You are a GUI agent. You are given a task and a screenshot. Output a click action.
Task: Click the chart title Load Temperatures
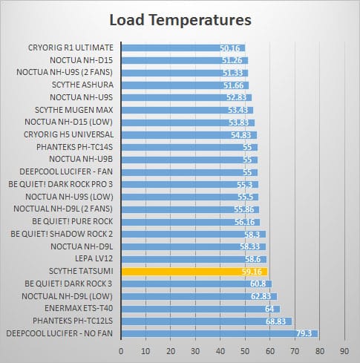point(180,20)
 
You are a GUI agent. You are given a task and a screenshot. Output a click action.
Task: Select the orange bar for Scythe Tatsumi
point(194,272)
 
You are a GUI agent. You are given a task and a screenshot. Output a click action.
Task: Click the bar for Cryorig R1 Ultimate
point(183,48)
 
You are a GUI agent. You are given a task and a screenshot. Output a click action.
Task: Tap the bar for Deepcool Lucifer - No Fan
point(220,333)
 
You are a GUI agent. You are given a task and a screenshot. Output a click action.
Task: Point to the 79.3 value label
point(304,333)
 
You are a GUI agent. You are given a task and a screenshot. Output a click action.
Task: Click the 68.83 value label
point(275,321)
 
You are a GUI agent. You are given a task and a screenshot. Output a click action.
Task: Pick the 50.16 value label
point(230,48)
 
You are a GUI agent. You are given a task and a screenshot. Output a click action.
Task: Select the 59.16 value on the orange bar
point(252,272)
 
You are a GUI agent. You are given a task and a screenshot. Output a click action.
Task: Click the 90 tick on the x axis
point(344,351)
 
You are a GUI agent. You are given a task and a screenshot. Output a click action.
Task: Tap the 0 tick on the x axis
point(121,351)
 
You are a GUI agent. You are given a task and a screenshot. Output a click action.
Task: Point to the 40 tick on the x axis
point(220,351)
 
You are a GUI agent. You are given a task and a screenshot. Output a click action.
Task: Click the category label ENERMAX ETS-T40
point(79,308)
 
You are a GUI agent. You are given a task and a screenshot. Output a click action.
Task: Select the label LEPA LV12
point(94,258)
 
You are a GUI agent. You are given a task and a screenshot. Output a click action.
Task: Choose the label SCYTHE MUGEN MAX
point(74,110)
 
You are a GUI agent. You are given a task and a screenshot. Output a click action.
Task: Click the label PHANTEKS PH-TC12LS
point(73,321)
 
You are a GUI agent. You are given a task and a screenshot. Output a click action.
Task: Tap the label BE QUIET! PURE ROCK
point(73,221)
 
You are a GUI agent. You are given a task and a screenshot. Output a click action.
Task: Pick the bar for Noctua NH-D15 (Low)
point(188,122)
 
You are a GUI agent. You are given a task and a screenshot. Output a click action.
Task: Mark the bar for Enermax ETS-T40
point(200,309)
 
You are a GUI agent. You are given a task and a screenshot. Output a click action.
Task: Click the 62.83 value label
point(261,296)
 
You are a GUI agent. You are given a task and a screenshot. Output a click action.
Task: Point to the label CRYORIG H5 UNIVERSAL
point(69,134)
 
